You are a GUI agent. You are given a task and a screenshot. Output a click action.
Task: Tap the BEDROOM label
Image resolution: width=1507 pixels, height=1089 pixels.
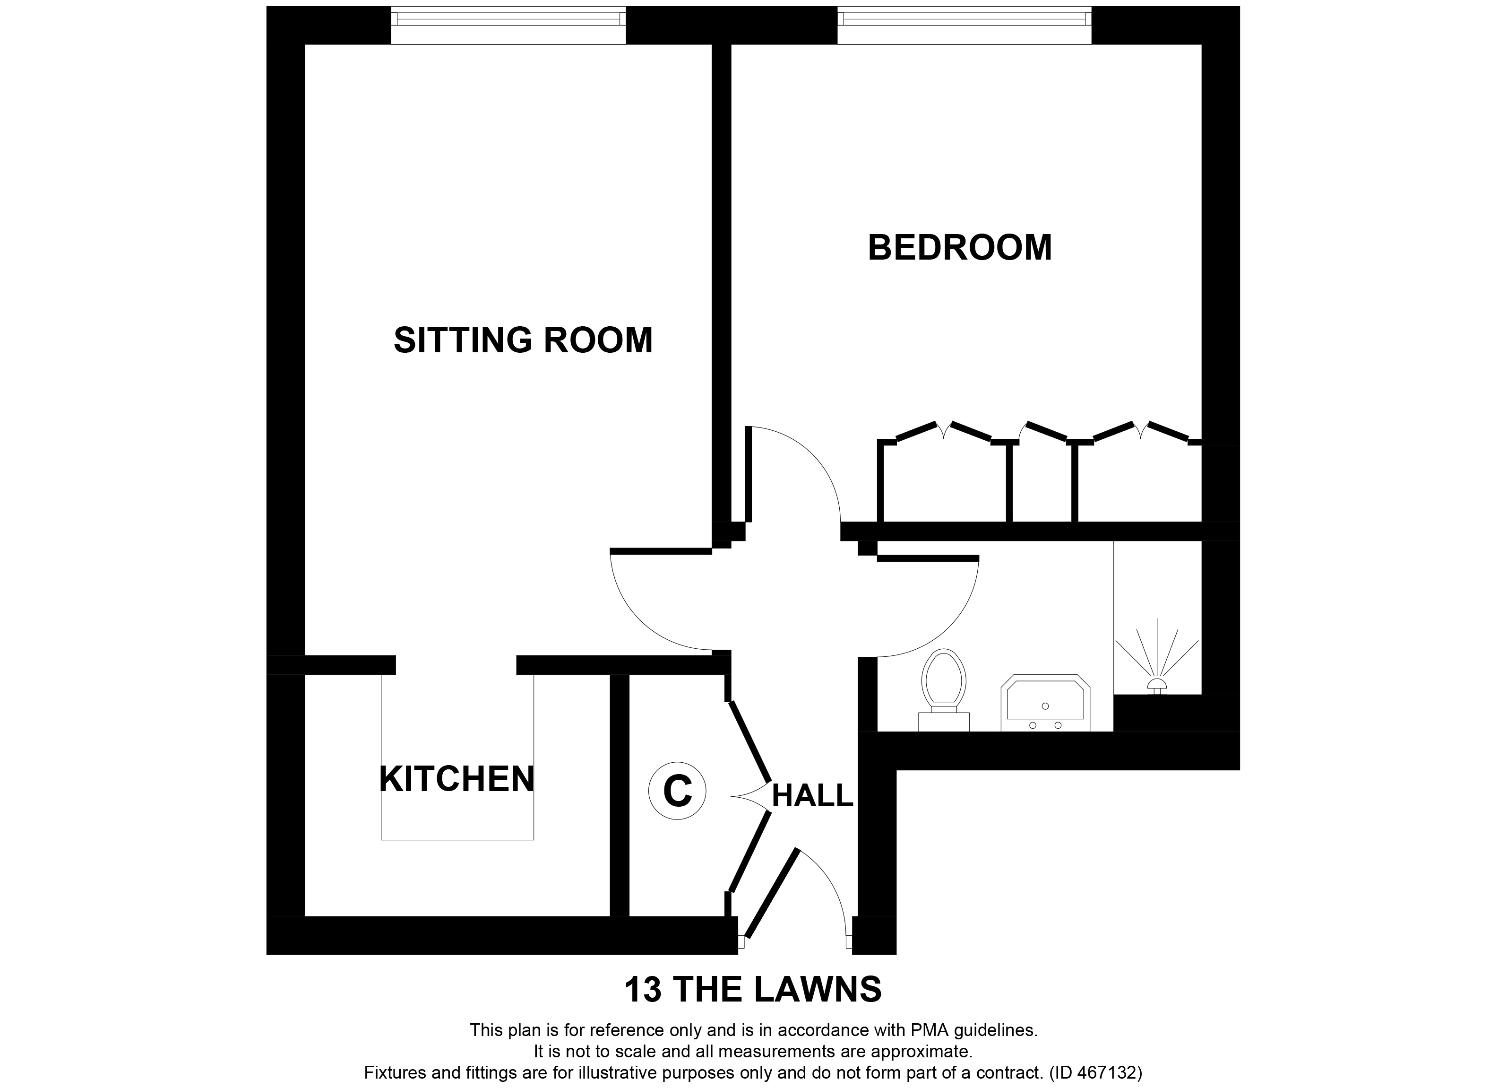pyautogui.click(x=959, y=247)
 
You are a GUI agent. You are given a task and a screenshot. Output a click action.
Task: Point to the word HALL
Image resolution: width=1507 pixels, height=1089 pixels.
pyautogui.click(x=812, y=796)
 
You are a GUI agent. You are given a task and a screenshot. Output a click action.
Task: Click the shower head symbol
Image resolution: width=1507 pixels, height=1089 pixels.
pyautogui.click(x=1157, y=685)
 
